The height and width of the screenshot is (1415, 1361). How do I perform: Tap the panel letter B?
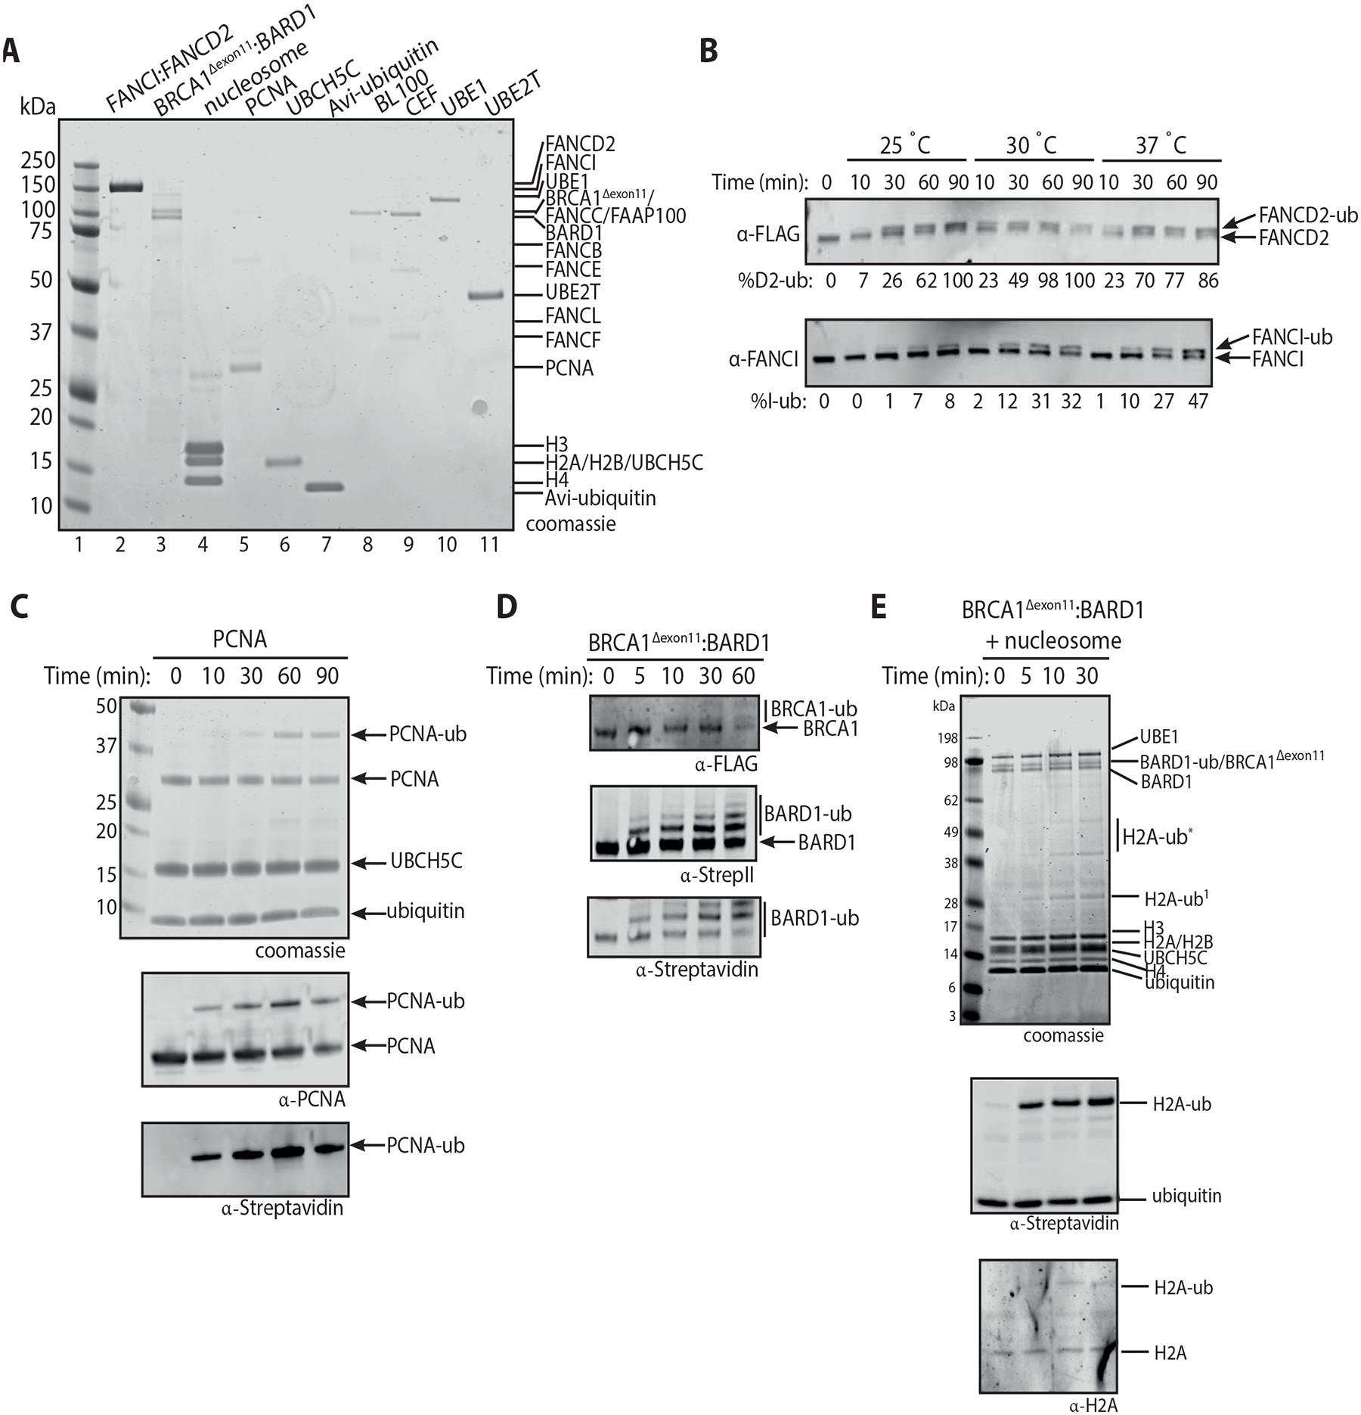[x=708, y=51]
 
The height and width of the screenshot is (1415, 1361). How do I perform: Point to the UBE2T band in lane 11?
[x=485, y=295]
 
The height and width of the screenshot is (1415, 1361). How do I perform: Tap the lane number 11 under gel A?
[x=489, y=544]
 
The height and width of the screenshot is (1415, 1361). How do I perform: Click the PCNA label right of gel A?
[x=569, y=368]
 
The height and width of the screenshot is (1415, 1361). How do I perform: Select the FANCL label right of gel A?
[x=573, y=316]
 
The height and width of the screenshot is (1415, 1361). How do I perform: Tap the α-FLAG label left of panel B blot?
[x=768, y=234]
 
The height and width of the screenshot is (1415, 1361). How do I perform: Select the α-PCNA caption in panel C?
[x=312, y=1099]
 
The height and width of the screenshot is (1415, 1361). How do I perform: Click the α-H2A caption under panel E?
[x=1093, y=1405]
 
